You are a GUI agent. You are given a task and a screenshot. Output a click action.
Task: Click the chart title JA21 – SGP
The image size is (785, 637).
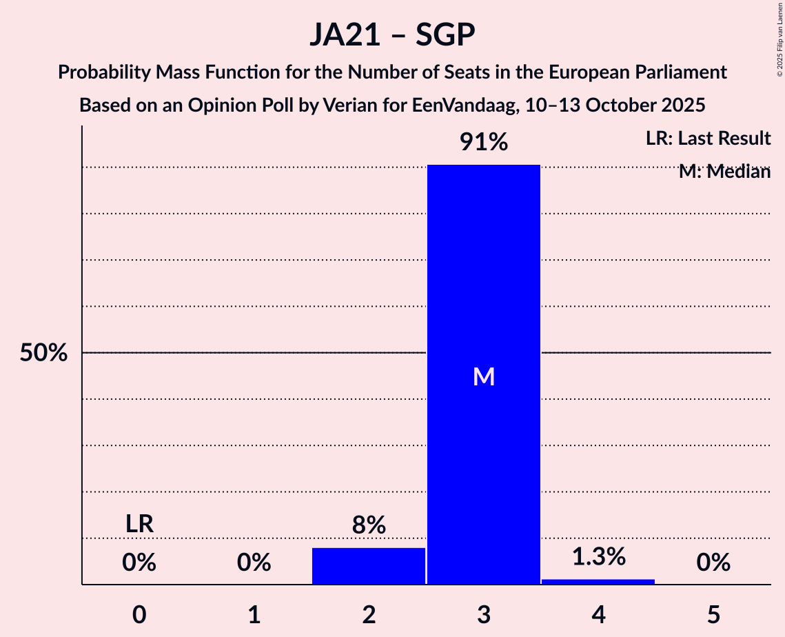(392, 34)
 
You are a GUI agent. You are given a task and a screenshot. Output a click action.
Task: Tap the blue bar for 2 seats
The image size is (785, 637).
(369, 566)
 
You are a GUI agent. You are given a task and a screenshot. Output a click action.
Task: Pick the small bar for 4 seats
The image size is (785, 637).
(598, 581)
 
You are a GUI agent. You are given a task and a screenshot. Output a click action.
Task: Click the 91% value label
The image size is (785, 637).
(484, 143)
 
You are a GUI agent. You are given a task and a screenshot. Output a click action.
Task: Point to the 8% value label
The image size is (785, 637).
(369, 526)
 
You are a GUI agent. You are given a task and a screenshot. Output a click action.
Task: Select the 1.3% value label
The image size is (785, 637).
(598, 557)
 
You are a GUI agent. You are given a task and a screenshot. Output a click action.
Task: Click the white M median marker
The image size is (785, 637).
(484, 376)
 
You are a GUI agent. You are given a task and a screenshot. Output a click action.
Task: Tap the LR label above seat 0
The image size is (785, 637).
(139, 524)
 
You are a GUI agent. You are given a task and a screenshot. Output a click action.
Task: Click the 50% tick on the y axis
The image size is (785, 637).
(43, 353)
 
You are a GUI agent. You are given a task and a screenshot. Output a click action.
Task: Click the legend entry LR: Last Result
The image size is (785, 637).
(708, 139)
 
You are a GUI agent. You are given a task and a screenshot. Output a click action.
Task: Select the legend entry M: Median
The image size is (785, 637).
(724, 172)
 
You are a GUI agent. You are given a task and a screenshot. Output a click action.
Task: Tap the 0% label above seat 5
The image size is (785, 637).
(713, 563)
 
